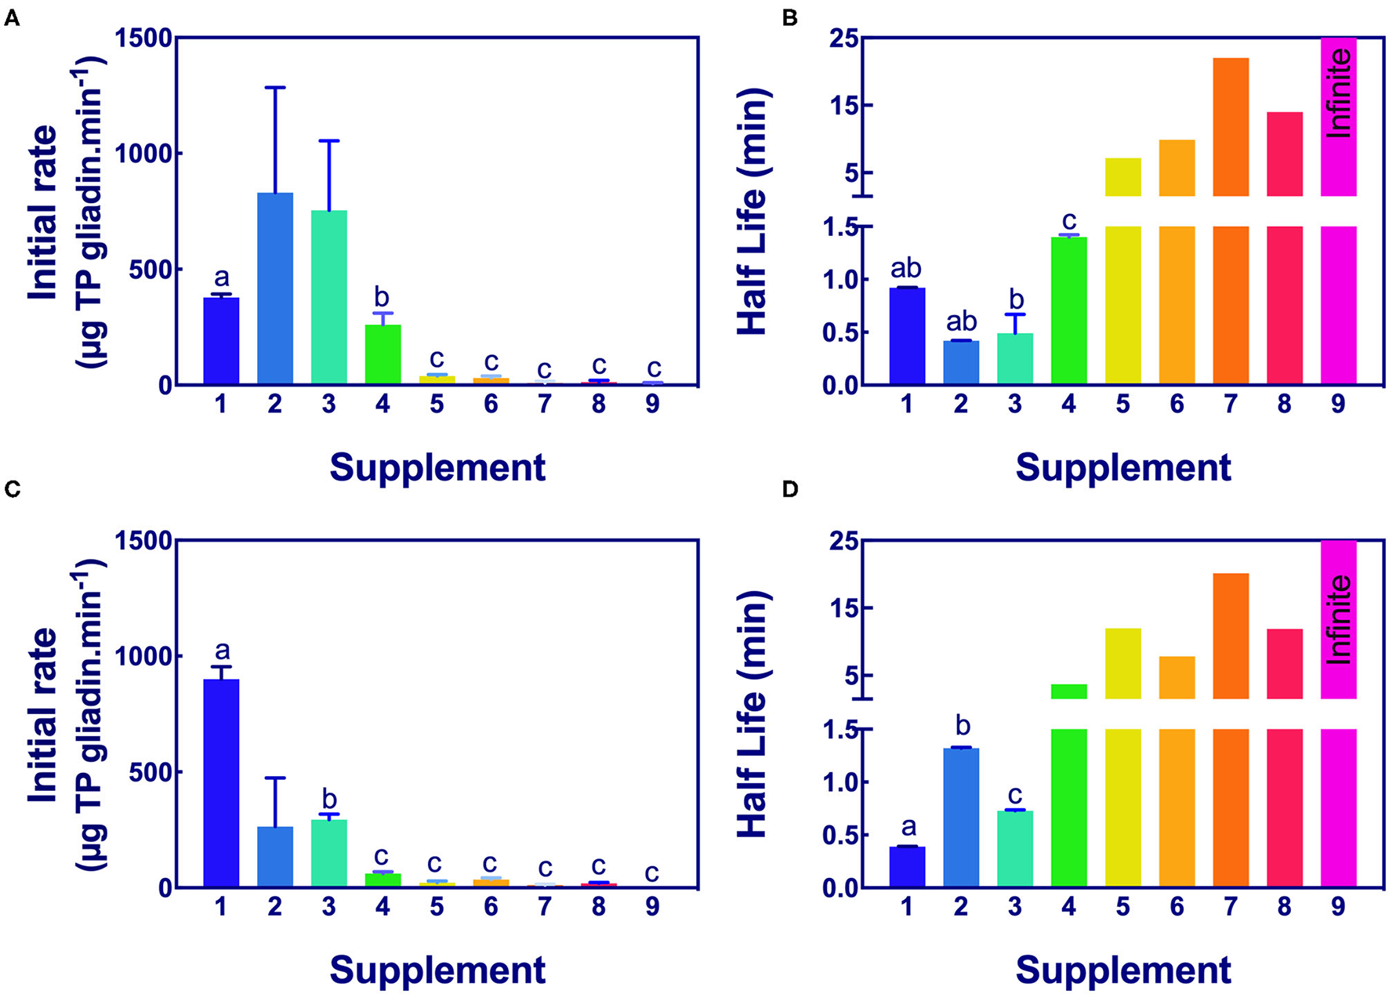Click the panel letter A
tap(12, 17)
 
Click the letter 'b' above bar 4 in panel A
tap(382, 296)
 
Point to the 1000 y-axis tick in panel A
tap(143, 154)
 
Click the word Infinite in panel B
tap(1340, 93)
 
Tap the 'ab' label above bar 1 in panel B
tap(906, 268)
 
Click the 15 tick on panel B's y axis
tap(850, 106)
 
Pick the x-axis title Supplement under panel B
tap(1122, 468)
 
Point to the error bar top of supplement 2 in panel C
tap(275, 778)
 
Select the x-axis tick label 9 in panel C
tap(652, 907)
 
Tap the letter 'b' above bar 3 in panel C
tap(329, 800)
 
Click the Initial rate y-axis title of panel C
tap(43, 715)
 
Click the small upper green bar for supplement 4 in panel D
tap(1068, 691)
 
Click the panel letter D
tap(790, 490)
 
